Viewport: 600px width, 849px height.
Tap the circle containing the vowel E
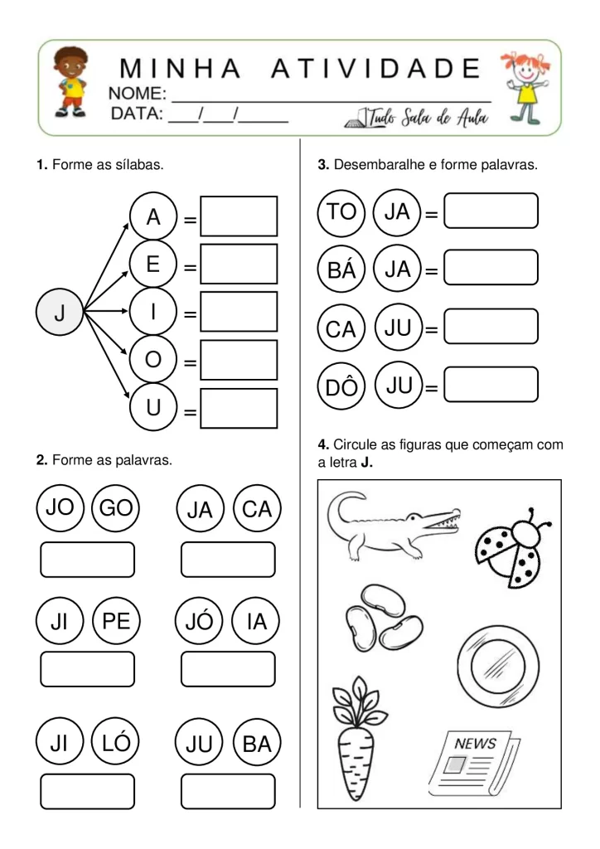(x=153, y=265)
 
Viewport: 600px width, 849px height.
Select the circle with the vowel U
(x=153, y=409)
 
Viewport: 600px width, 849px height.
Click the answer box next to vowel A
(x=239, y=217)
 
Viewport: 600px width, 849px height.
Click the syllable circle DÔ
(x=341, y=387)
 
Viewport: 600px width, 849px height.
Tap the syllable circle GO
(x=115, y=507)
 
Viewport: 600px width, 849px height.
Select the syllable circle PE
(x=116, y=622)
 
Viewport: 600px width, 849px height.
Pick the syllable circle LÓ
(x=116, y=744)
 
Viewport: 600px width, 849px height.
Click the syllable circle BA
(x=257, y=744)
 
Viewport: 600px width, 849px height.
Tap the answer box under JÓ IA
(x=228, y=669)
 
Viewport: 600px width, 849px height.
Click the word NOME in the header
(x=138, y=93)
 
